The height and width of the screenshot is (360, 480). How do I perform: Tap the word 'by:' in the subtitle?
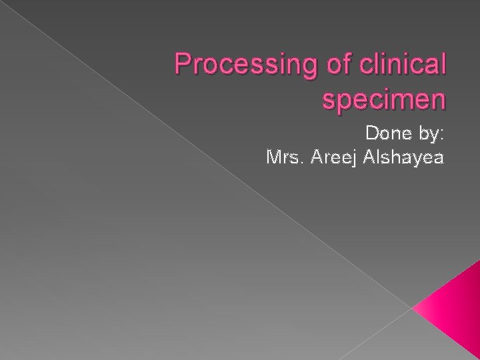tap(429, 136)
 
